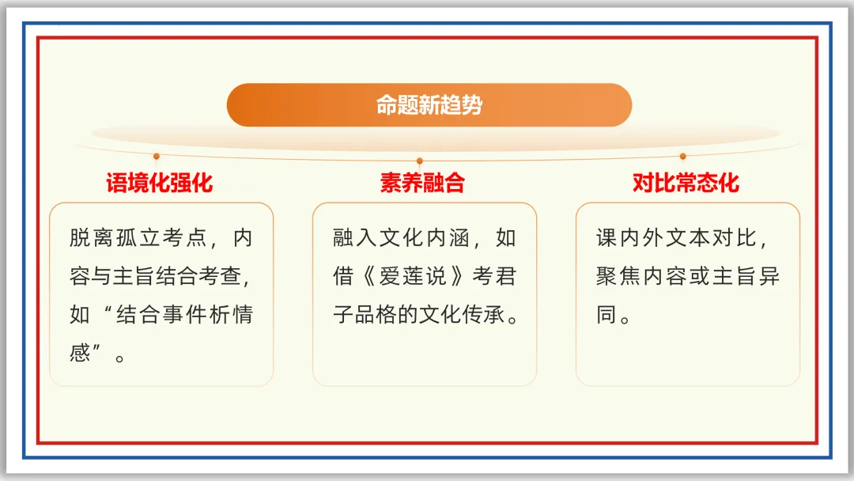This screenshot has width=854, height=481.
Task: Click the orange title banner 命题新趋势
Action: click(429, 105)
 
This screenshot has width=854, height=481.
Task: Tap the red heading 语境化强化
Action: click(160, 184)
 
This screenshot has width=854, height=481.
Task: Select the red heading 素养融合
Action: click(421, 184)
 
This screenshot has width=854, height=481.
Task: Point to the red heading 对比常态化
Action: click(686, 184)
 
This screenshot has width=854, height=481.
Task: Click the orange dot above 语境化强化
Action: click(157, 157)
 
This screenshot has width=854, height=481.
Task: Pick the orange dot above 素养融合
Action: click(420, 161)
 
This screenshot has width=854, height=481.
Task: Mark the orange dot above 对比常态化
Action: click(683, 157)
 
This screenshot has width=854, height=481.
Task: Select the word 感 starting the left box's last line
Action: click(80, 353)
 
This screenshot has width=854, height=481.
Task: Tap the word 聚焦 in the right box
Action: click(617, 277)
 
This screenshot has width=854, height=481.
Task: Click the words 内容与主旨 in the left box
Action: click(138, 277)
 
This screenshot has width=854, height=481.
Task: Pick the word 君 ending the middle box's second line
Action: click(505, 277)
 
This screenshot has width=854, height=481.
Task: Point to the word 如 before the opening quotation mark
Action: click(80, 315)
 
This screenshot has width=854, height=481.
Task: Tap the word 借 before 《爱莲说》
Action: click(343, 277)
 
